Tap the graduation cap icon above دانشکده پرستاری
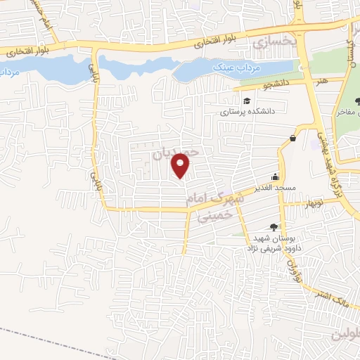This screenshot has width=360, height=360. tap(247, 100)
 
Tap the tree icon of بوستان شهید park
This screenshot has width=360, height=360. tap(274, 226)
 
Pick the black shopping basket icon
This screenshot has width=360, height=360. tap(291, 139)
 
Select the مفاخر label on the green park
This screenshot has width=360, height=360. tap(349, 112)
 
